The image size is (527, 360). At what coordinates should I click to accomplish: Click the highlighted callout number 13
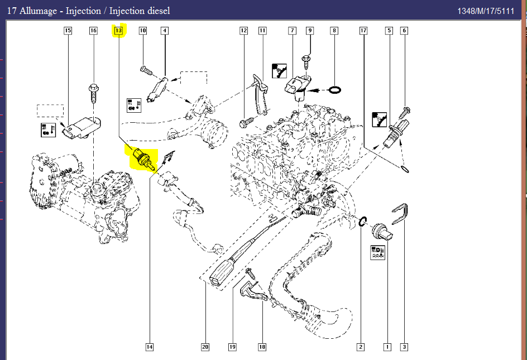pos(118,31)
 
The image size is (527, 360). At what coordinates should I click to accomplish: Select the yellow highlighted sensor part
pos(142,158)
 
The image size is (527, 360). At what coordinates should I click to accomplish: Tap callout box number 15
pos(68,31)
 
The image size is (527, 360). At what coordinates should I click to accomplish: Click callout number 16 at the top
pos(93,31)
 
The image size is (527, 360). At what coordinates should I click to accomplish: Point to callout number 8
pos(334,31)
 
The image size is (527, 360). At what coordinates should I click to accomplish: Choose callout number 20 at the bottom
pos(205,347)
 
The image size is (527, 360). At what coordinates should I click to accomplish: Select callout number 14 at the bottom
pos(150,347)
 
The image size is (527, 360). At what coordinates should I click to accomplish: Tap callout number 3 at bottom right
pos(404,347)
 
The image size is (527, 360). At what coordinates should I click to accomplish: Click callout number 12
pos(243,31)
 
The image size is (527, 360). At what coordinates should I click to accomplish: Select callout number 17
pos(363,31)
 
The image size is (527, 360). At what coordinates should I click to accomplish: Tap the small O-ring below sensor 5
pos(405,167)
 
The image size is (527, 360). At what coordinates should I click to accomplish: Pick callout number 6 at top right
pos(404,31)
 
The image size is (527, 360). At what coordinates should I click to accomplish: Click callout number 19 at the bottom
pos(232,347)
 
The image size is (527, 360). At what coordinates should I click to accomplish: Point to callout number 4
pos(165,31)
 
